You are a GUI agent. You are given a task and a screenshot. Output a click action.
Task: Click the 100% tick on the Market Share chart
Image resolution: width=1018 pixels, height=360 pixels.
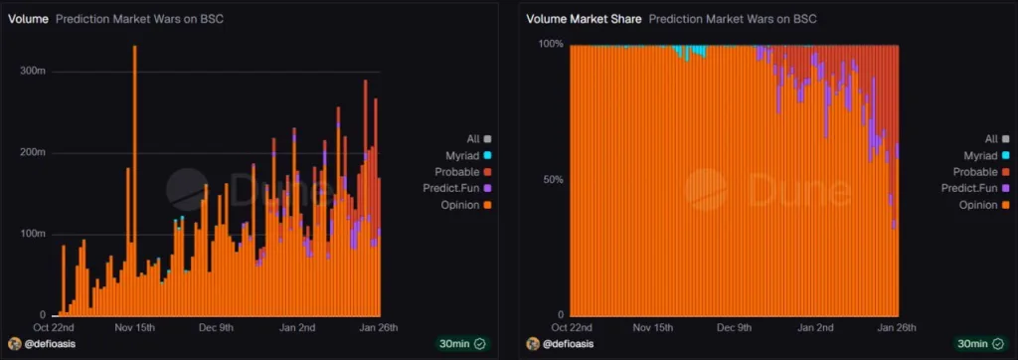551,45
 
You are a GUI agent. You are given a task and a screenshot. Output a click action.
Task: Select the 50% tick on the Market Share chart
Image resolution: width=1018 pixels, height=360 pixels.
554,180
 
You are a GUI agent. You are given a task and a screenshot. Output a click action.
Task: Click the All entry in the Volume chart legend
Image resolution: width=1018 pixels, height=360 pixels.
478,139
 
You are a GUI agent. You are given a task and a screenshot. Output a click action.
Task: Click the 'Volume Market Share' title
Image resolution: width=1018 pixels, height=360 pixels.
583,19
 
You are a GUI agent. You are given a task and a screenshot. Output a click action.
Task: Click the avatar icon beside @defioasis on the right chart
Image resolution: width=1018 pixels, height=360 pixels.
533,343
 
